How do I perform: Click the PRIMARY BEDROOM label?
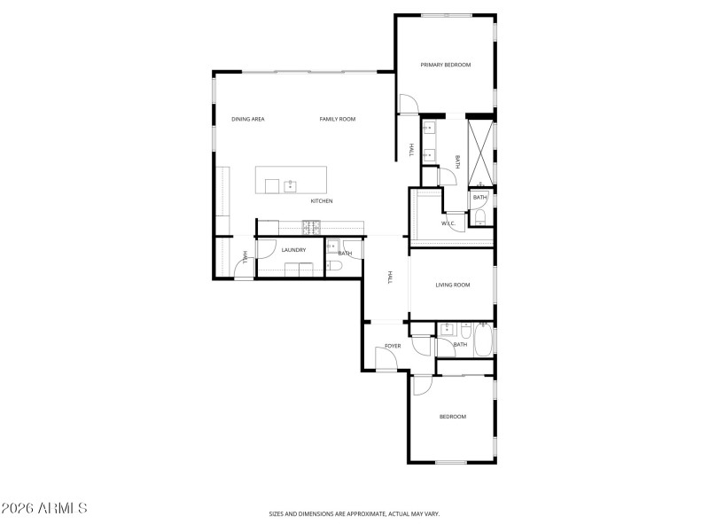[x=445, y=65]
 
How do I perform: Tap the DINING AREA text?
[x=248, y=119]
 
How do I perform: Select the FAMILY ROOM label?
[x=338, y=119]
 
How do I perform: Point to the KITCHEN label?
[x=322, y=201]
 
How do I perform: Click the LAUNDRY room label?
[x=293, y=250]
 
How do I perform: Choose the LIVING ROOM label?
[x=452, y=286]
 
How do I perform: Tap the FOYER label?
[x=393, y=346]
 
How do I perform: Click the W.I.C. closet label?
[x=448, y=223]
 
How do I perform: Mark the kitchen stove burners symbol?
[x=311, y=227]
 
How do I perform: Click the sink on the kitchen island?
[x=290, y=186]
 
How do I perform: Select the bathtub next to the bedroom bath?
[x=483, y=340]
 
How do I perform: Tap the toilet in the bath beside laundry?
[x=334, y=265]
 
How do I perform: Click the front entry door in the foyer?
[x=386, y=359]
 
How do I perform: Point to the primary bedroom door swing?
[x=409, y=105]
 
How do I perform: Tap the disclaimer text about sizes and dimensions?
[x=354, y=513]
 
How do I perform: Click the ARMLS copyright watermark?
[x=44, y=509]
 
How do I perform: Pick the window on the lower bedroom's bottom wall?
[x=451, y=462]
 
